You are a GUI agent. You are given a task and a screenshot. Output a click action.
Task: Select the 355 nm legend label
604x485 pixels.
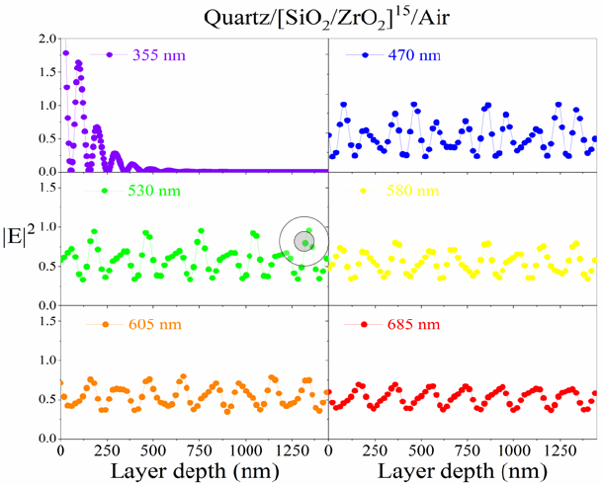pos(156,54)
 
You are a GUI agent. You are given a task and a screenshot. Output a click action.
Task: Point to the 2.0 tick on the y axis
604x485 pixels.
pos(44,40)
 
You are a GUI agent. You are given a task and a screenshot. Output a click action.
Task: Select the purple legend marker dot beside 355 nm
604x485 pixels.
pos(110,54)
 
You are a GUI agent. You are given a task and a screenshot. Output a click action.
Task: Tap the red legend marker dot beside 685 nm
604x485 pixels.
pos(365,324)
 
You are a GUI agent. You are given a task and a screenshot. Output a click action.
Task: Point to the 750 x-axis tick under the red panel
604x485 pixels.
pos(463,448)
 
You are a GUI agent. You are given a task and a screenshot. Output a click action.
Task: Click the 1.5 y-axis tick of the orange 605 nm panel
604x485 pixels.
pos(44,320)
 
